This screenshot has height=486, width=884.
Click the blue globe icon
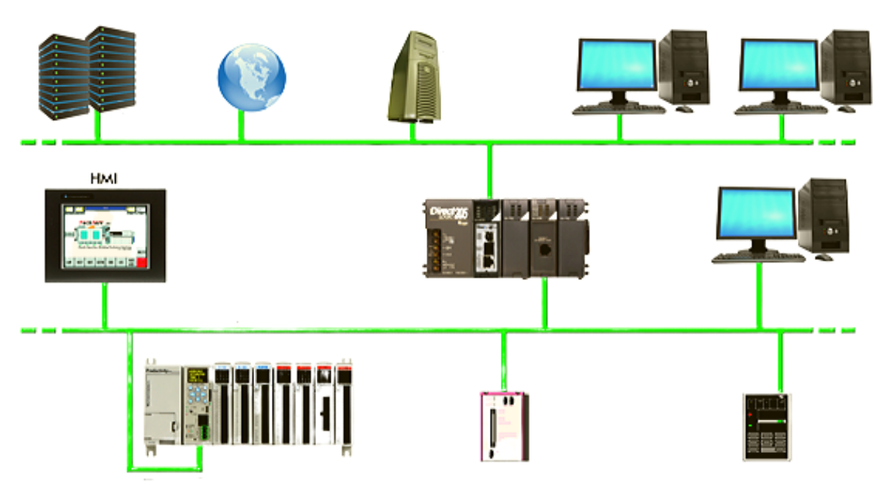(251, 77)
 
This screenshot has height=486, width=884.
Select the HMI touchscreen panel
(105, 235)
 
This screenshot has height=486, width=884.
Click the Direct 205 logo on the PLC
(449, 216)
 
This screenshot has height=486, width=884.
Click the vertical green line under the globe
(241, 127)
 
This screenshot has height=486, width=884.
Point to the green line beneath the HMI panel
(105, 306)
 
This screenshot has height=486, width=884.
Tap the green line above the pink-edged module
(504, 361)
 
